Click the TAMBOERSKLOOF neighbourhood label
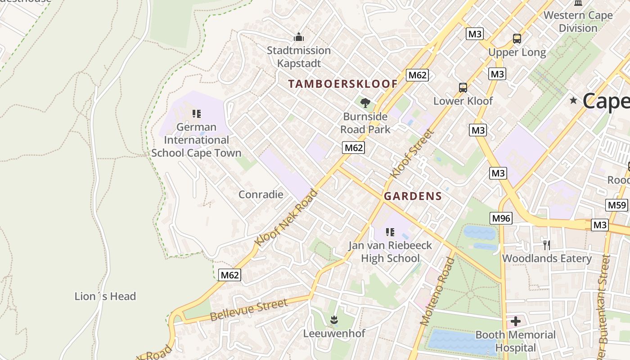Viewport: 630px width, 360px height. pyautogui.click(x=343, y=84)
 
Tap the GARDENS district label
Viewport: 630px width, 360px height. pyautogui.click(x=413, y=196)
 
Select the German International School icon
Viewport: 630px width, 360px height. pyautogui.click(x=196, y=113)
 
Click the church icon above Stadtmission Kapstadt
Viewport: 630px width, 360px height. pyautogui.click(x=298, y=37)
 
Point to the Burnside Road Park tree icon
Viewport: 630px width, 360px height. pyautogui.click(x=365, y=103)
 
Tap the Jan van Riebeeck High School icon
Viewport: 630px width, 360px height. pyautogui.click(x=390, y=232)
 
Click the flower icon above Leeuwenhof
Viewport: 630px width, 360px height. pyautogui.click(x=333, y=320)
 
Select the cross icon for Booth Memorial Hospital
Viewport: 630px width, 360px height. pyautogui.click(x=516, y=321)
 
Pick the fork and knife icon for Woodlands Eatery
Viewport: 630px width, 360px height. pyautogui.click(x=547, y=245)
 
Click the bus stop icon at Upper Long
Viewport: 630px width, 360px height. pyautogui.click(x=517, y=39)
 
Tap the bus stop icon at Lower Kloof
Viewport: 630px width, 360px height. pyautogui.click(x=463, y=87)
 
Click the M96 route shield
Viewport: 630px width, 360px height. pyautogui.click(x=501, y=218)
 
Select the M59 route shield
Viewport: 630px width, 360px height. pyautogui.click(x=616, y=205)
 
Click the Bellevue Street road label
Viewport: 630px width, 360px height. pyautogui.click(x=248, y=310)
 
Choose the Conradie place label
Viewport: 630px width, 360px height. pyautogui.click(x=261, y=194)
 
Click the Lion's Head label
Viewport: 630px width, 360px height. pyautogui.click(x=105, y=296)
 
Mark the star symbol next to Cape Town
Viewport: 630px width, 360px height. pyautogui.click(x=573, y=100)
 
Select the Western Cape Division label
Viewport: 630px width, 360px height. pyautogui.click(x=578, y=21)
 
